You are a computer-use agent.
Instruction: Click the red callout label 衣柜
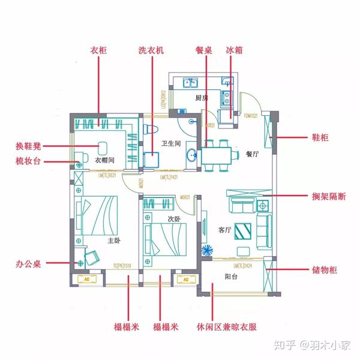point(98,51)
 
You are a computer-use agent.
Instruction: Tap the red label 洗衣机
point(151,51)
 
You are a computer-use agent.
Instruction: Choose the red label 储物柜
point(325,270)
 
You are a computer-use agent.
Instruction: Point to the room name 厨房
point(201,98)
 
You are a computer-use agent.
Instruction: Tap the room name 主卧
point(113,241)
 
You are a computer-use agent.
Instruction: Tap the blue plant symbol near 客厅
point(207,250)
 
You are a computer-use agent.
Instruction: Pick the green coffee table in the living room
point(244,230)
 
